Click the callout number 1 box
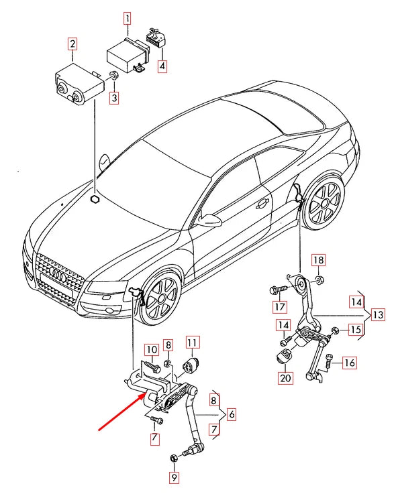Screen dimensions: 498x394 coord(127,19)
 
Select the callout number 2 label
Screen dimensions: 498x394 coord(71,46)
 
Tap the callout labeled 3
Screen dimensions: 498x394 coord(114,99)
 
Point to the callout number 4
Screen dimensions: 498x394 coord(162,66)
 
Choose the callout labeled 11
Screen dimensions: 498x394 coord(192,345)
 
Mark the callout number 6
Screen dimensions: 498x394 coord(230,415)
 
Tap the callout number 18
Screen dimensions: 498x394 coord(317,260)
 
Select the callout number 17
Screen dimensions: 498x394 coord(279,307)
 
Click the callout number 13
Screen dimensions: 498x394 coord(379,314)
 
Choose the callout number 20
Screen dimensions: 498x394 coord(287,378)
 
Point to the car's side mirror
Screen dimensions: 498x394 coord(212,219)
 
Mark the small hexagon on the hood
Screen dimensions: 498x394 coord(95,198)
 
